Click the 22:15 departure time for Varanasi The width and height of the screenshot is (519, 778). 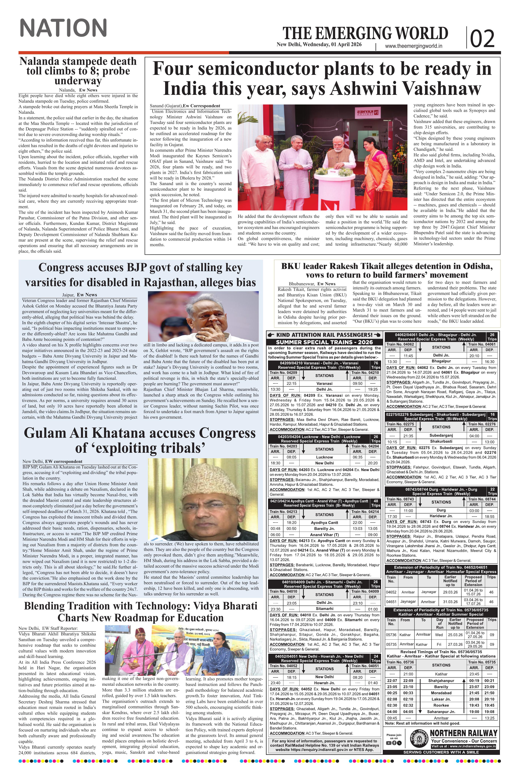(291, 383)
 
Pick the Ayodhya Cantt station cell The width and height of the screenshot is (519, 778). (324, 522)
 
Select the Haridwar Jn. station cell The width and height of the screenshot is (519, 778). (441, 516)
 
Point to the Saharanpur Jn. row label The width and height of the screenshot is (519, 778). (441, 709)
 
